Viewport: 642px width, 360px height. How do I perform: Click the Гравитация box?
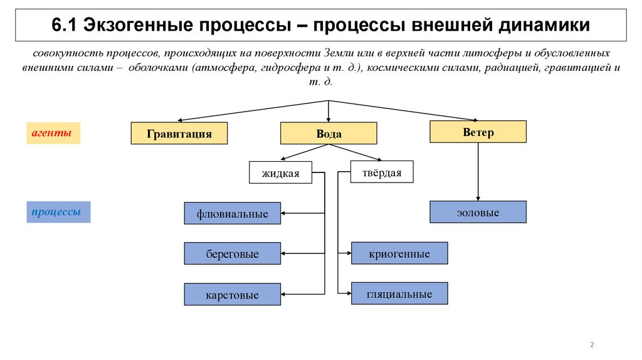click(179, 134)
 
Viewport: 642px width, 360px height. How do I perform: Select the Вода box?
click(329, 134)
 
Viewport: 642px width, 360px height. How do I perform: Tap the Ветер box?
click(478, 132)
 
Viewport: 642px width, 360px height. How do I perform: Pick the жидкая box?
click(280, 172)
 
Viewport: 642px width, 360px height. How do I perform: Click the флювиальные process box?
click(233, 214)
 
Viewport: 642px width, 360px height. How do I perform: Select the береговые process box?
click(233, 253)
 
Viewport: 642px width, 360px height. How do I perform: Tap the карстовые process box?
click(233, 294)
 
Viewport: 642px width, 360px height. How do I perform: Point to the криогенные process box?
click(399, 253)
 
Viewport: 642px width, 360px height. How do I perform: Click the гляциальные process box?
click(399, 294)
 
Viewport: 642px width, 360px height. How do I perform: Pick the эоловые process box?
click(478, 213)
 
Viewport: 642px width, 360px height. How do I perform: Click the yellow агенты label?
click(53, 133)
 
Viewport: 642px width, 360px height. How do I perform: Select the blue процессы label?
click(58, 212)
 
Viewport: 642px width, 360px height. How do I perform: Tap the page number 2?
click(592, 344)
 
